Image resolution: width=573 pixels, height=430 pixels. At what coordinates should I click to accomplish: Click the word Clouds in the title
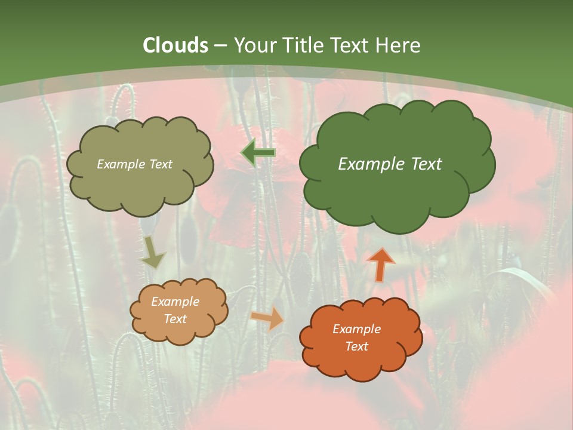point(175,45)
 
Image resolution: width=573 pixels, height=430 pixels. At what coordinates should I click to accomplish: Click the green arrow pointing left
point(258,153)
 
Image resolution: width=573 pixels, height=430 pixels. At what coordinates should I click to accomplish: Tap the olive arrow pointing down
point(153,252)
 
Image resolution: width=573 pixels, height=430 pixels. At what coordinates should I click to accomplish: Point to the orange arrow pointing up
point(381,264)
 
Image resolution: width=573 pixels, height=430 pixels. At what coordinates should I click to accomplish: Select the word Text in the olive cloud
point(162,164)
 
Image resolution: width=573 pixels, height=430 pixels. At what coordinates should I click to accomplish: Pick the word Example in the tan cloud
point(175,302)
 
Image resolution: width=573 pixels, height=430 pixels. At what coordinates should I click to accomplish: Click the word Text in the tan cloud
point(175,319)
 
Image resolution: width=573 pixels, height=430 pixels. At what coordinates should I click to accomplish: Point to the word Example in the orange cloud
point(356,329)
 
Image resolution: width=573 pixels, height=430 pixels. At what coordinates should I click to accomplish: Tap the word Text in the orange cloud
point(356,346)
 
